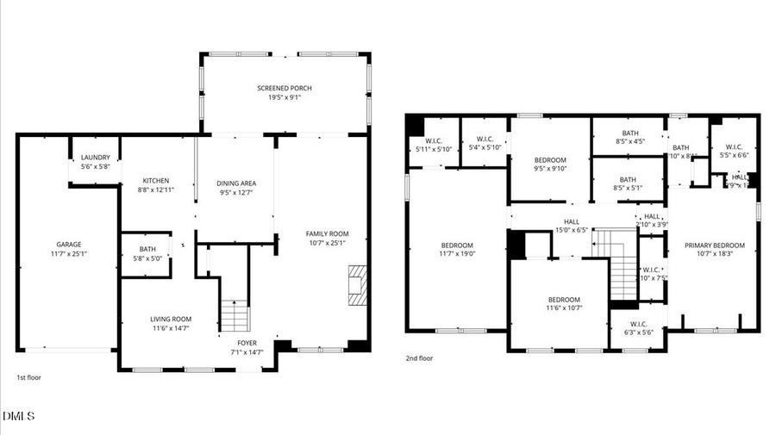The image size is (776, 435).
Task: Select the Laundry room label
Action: (x=95, y=162)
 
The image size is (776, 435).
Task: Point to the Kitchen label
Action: (x=155, y=185)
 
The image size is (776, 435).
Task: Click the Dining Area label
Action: (x=235, y=188)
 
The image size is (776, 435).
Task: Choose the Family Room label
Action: (x=327, y=238)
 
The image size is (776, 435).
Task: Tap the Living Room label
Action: (x=171, y=323)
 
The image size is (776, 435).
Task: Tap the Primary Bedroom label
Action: (x=714, y=249)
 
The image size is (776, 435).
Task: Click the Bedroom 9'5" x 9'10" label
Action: (x=549, y=165)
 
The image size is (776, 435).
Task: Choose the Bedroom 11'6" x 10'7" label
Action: (x=564, y=303)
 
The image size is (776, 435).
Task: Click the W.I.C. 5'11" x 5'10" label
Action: (x=433, y=145)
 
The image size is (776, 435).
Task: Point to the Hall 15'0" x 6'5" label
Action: (x=573, y=226)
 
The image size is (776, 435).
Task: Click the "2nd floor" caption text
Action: (x=420, y=358)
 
